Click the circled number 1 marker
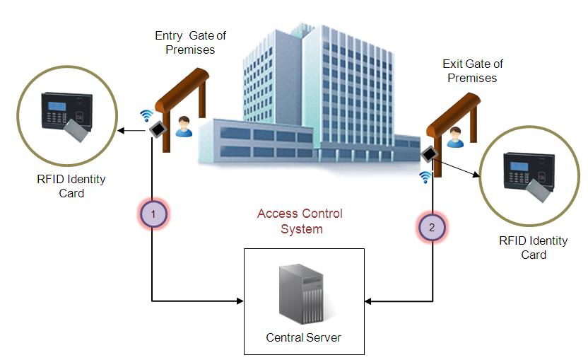[153, 213]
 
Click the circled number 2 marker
[432, 228]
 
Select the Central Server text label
[303, 337]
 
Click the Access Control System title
[300, 221]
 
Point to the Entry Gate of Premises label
[190, 42]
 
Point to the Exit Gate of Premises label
[473, 71]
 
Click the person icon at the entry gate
[184, 126]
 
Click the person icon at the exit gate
[455, 137]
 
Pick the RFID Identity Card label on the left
[71, 186]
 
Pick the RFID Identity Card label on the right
[533, 248]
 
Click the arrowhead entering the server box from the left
[240, 301]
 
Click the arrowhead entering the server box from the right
[369, 302]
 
